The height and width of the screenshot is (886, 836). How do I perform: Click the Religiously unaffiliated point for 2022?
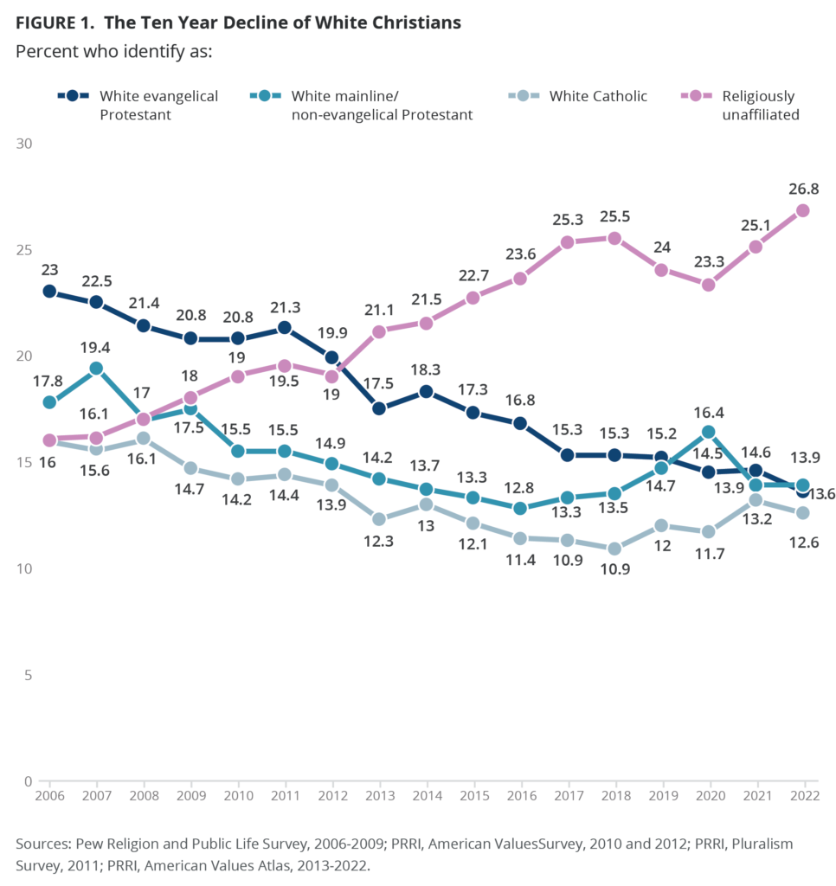[x=802, y=210]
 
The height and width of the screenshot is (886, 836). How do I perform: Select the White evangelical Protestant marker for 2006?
[x=49, y=291]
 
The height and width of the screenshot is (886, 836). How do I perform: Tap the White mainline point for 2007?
[x=97, y=368]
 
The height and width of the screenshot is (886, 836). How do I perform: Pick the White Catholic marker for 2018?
[x=614, y=549]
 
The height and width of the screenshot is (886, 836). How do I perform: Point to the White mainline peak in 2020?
[x=709, y=431]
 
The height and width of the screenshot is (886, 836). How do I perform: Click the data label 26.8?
[x=803, y=188]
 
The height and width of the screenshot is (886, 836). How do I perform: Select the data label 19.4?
[x=97, y=345]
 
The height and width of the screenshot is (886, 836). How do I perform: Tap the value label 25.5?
[x=614, y=215]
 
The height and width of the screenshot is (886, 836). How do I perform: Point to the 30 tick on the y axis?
[x=24, y=143]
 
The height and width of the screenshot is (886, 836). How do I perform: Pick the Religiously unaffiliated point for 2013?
[x=379, y=331]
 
